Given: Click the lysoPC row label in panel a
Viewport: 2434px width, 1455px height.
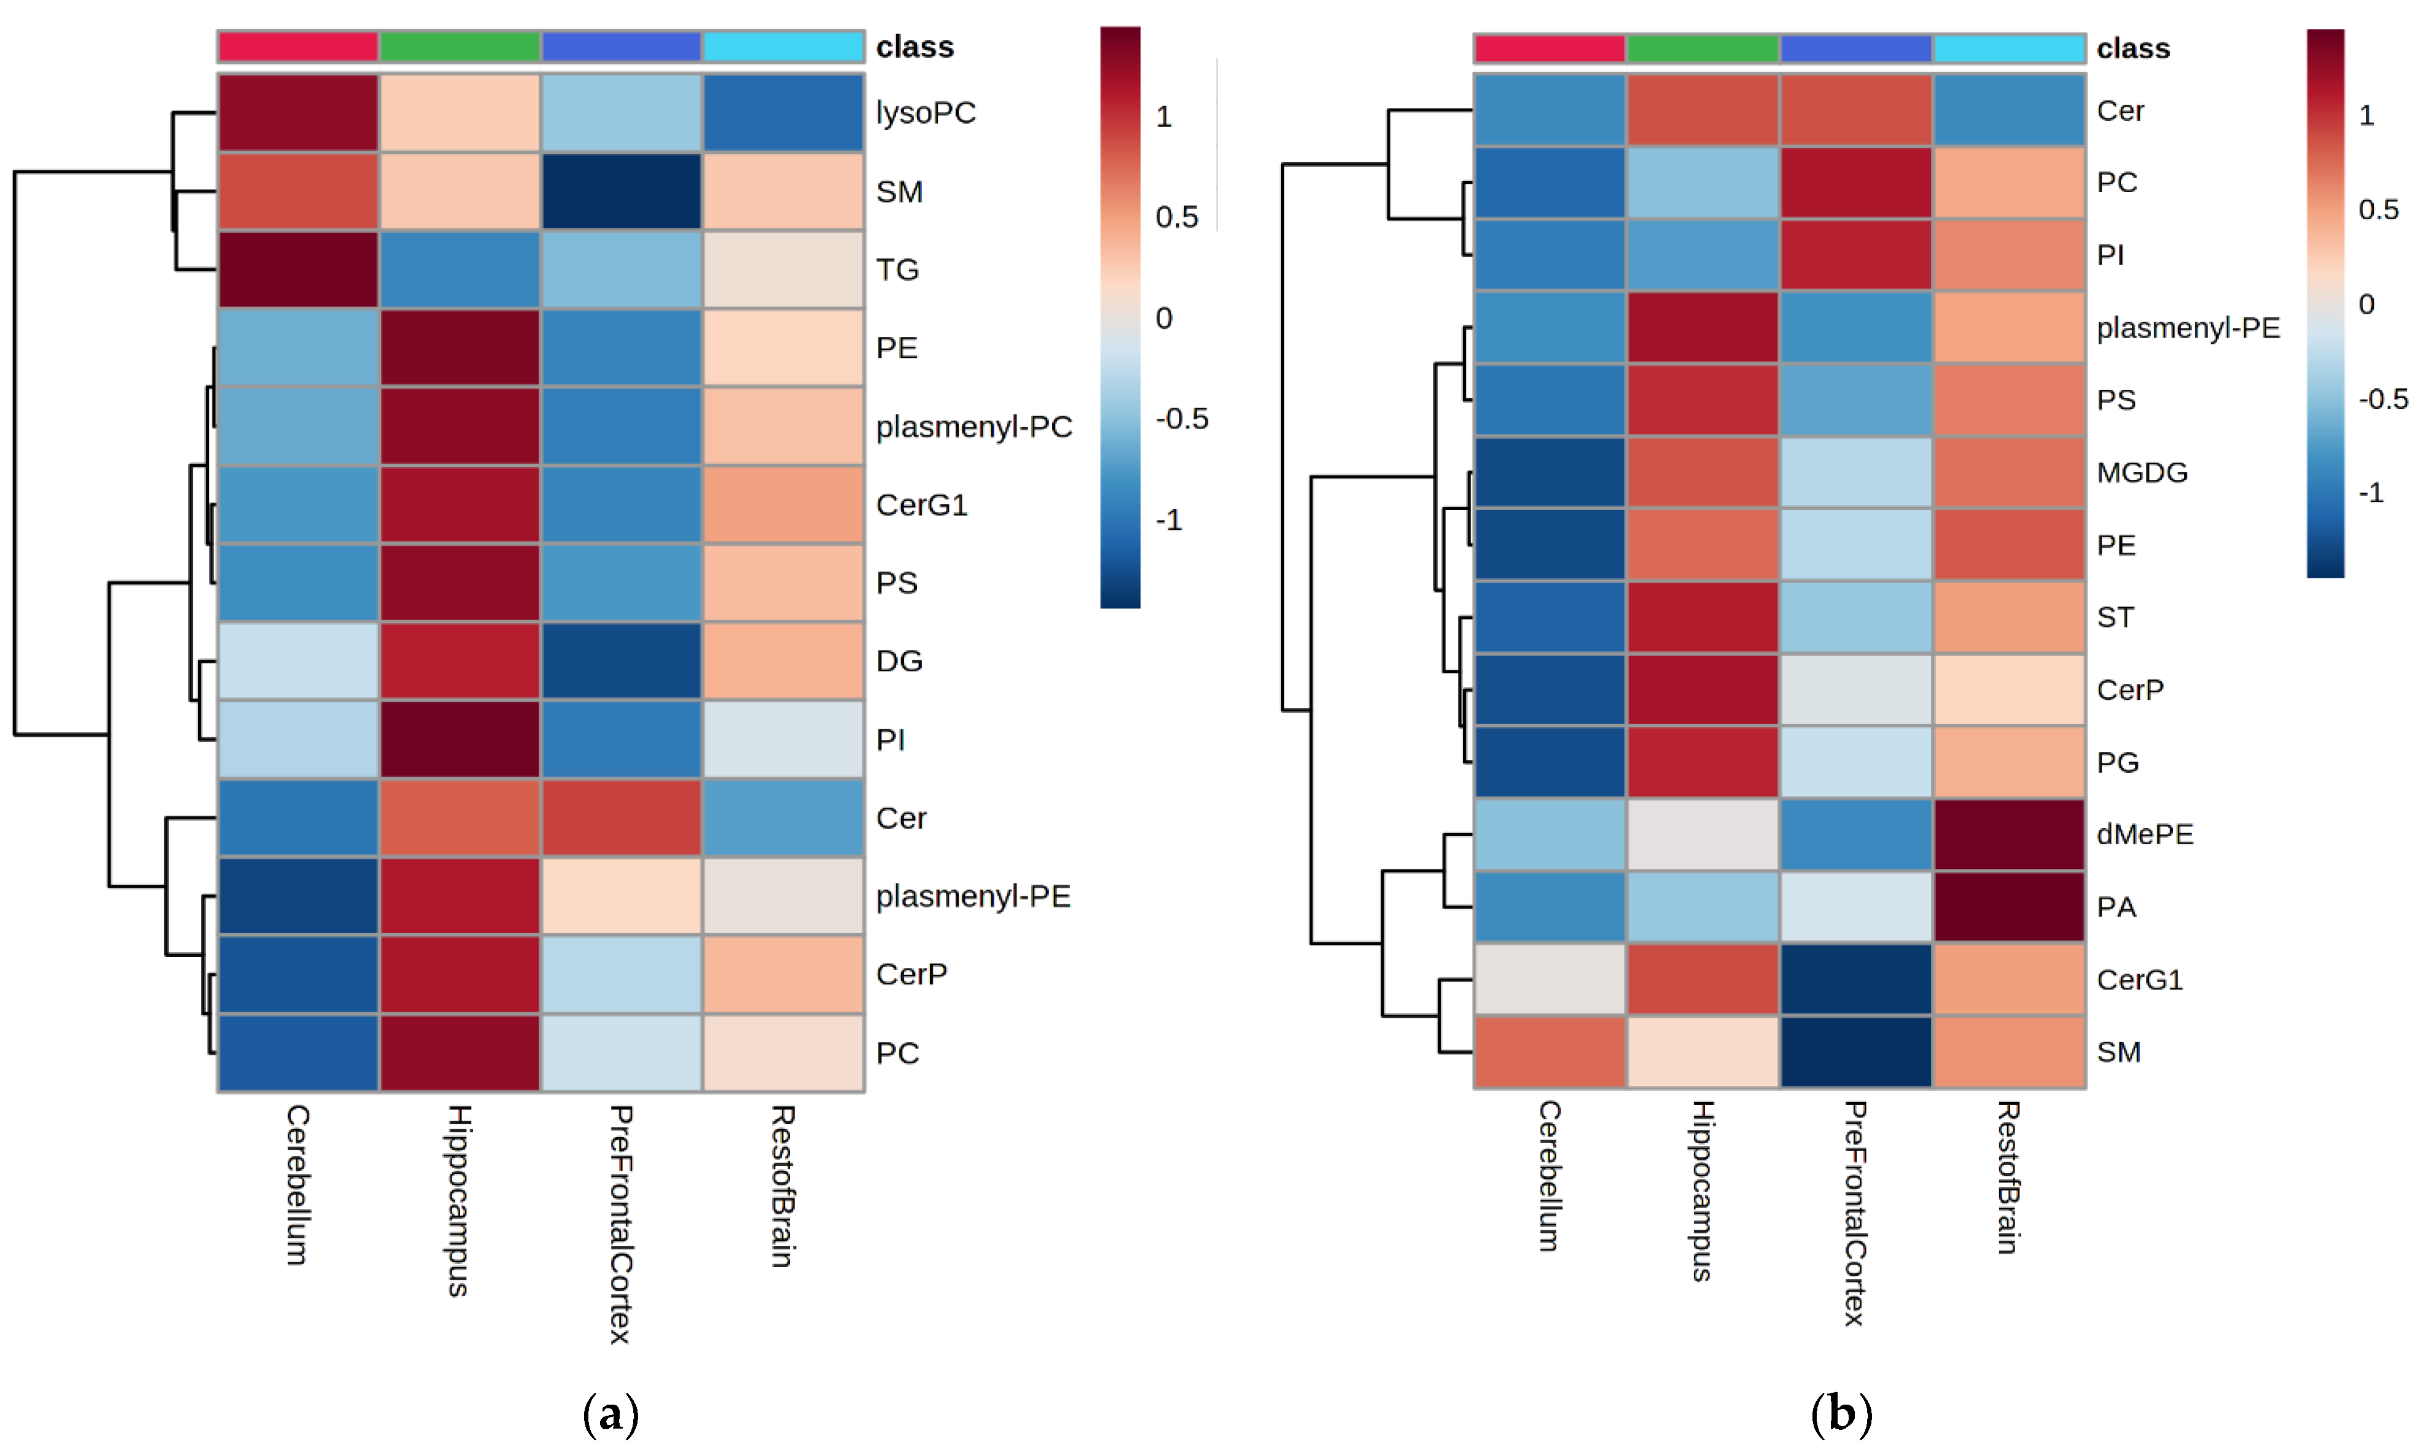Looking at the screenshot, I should coord(925,113).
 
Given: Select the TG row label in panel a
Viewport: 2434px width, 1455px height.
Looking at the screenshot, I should coord(897,270).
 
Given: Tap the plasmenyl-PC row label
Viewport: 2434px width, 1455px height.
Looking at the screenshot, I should coord(973,427).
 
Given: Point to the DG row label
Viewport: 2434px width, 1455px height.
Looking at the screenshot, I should coord(899,661).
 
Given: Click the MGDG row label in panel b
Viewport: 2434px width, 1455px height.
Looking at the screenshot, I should coord(2142,473).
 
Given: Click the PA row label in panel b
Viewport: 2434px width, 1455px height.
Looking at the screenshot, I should coord(2115,907).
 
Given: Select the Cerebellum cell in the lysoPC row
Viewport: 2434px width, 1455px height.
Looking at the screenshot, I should coord(298,113).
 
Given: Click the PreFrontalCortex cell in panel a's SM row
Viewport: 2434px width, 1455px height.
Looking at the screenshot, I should coord(621,191).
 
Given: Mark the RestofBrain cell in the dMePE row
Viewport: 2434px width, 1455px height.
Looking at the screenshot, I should coord(2008,834).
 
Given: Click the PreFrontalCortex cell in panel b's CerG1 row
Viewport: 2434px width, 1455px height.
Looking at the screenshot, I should coord(1855,979).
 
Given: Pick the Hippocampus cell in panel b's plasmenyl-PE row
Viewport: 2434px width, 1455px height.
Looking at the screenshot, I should coord(1703,327).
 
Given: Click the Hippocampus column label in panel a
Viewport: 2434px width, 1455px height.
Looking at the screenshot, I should coord(459,1200).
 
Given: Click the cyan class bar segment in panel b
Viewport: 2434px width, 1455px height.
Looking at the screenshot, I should coord(2008,48).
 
